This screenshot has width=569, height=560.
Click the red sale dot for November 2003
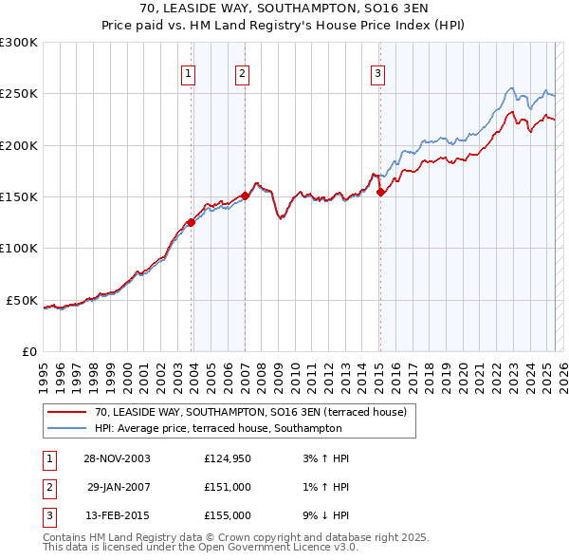192,222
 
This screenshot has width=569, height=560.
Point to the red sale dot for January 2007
245,196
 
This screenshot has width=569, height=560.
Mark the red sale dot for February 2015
380,192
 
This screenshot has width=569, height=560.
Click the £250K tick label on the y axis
19,94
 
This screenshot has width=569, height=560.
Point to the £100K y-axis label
19,249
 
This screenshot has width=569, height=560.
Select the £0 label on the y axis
28,351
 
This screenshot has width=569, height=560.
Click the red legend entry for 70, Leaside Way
250,412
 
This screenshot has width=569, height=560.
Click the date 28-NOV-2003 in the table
118,458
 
